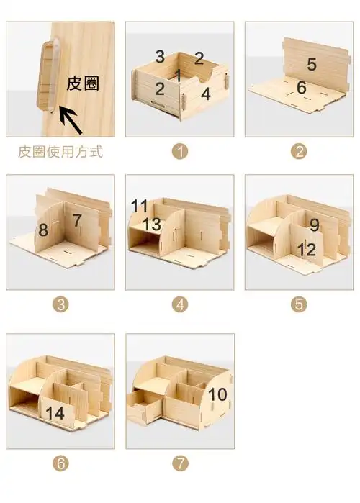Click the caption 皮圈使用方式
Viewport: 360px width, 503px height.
click(x=60, y=152)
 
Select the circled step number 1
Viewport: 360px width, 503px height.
click(x=180, y=151)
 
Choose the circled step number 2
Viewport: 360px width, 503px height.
click(x=299, y=151)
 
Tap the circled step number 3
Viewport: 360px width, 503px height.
click(x=60, y=304)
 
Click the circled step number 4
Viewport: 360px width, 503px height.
click(x=180, y=304)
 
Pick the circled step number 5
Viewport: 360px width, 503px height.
click(x=299, y=304)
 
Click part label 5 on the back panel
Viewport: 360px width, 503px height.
click(x=311, y=64)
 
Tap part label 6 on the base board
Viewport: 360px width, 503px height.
click(x=301, y=87)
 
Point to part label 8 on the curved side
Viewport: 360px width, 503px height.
click(x=44, y=230)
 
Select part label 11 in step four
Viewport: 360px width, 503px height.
click(x=139, y=206)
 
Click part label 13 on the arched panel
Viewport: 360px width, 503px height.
click(x=152, y=225)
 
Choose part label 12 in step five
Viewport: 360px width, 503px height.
click(x=306, y=250)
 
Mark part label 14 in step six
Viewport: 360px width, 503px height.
click(x=55, y=413)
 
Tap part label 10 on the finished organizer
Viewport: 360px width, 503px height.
click(x=217, y=394)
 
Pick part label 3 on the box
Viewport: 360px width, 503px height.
click(x=160, y=56)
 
